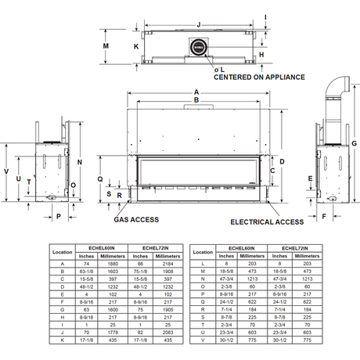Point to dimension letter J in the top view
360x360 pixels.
pos(199,23)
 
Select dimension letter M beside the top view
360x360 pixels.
pos(106,45)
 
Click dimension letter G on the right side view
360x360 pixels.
pos(353,142)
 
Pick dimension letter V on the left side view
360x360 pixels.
pos(6,170)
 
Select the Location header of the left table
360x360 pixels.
pos(62,252)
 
